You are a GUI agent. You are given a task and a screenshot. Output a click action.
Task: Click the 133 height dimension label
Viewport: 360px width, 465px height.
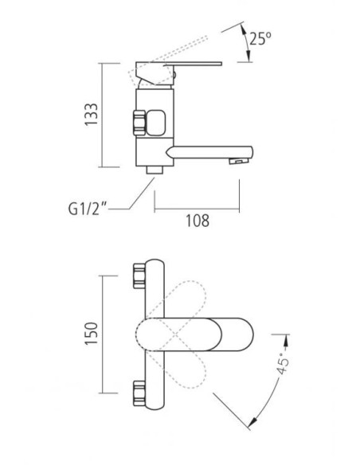[x=92, y=115]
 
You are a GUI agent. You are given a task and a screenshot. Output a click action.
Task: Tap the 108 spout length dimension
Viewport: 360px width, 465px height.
[x=198, y=221]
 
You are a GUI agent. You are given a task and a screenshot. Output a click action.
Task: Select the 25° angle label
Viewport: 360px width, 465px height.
[x=260, y=38]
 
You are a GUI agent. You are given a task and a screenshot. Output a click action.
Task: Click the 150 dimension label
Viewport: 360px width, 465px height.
[x=92, y=334]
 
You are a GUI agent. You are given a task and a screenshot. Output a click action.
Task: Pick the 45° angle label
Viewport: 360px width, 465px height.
[x=283, y=364]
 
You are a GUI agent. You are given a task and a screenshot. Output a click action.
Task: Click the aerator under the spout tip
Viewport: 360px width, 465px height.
[x=238, y=161]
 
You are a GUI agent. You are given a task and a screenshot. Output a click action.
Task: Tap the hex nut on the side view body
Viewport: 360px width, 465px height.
[x=139, y=123]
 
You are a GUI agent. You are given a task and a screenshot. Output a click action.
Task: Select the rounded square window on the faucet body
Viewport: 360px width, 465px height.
[x=155, y=123]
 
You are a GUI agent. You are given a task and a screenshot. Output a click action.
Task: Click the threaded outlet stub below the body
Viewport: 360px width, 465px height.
[x=155, y=170]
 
